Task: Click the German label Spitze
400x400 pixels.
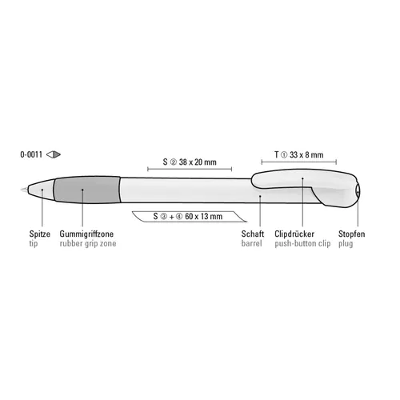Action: [x=40, y=234]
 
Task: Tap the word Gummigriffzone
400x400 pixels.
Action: [x=86, y=234]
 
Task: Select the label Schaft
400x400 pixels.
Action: [x=253, y=234]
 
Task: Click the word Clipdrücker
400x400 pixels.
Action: [x=294, y=234]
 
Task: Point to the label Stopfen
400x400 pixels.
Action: [x=352, y=234]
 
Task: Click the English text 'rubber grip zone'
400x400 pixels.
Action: [x=88, y=244]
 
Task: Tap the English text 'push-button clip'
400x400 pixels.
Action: [x=302, y=244]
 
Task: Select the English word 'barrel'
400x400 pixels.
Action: [x=251, y=243]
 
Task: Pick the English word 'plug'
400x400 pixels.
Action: [x=346, y=244]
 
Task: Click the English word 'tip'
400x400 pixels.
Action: [x=34, y=244]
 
